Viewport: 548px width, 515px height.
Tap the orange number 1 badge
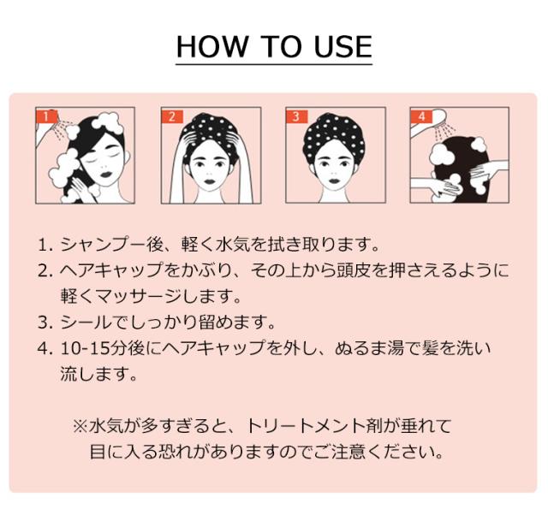tap(48, 115)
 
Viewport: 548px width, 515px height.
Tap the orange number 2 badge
tap(171, 115)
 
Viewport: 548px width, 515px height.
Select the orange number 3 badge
tap(295, 115)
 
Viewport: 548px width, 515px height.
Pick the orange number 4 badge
tap(420, 115)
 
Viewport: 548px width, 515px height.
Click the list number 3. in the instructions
tap(45, 323)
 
